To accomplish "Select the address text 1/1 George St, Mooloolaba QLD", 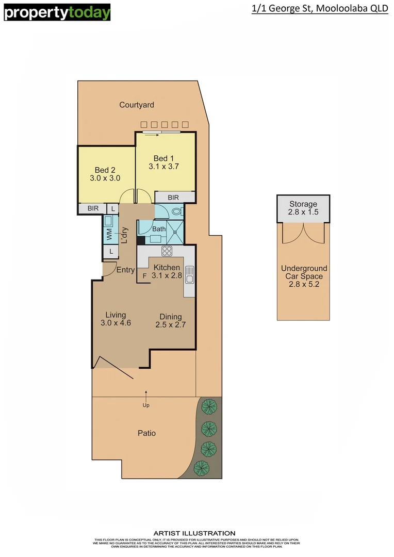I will tap(320, 9).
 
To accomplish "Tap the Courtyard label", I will tap(137, 105).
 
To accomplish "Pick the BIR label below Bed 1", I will tap(173, 198).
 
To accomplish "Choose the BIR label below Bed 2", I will tap(93, 209).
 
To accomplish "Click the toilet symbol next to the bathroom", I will tap(176, 211).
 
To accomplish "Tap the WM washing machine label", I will tap(109, 235).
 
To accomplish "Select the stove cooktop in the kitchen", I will tap(167, 252).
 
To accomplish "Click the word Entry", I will tap(125, 270).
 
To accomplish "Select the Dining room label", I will tap(170, 317).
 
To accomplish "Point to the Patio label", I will tap(146, 433).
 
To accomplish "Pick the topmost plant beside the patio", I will tap(209, 407).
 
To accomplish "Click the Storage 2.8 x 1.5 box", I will tap(303, 208).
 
